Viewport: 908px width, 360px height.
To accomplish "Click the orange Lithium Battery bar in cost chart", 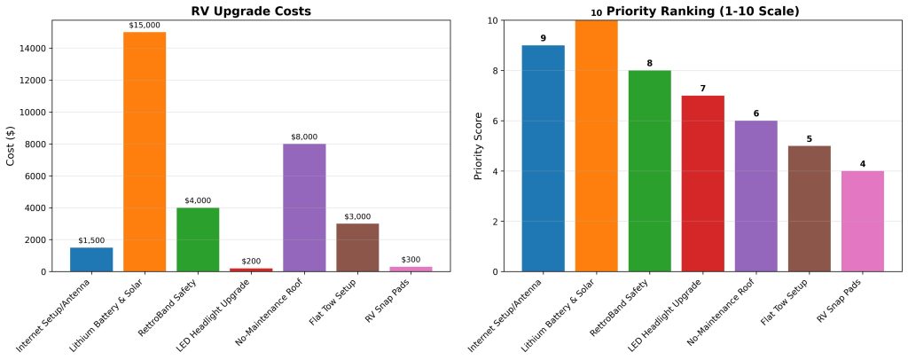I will (145, 151).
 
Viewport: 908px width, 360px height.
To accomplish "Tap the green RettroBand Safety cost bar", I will (198, 239).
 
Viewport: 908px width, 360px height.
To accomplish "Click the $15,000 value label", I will (145, 25).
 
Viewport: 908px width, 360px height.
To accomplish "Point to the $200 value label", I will (251, 261).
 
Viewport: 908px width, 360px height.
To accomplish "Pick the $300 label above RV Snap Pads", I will (411, 260).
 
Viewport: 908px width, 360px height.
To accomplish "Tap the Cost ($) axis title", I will (12, 145).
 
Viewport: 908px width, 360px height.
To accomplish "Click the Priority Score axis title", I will (480, 145).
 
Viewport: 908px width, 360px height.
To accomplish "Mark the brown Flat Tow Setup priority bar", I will (810, 207).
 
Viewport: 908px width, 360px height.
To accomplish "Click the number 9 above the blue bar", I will (543, 38).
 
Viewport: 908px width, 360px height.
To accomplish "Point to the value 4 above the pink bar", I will (863, 164).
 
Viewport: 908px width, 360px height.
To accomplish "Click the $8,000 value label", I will (304, 137).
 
